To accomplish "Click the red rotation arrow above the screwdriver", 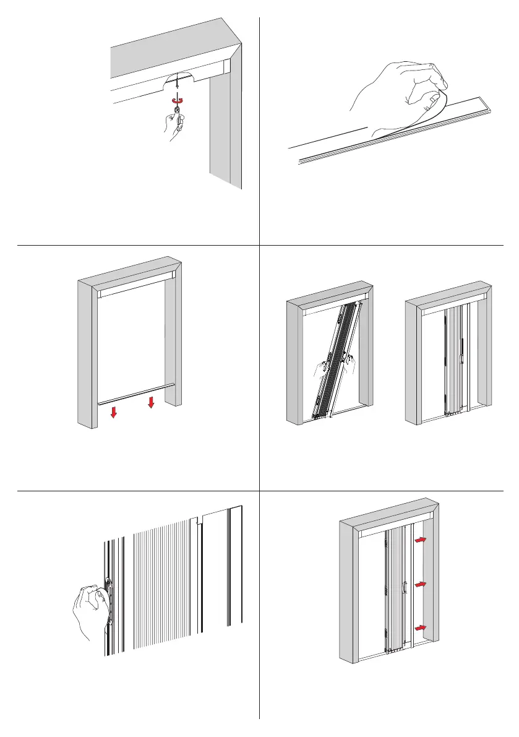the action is point(178,99).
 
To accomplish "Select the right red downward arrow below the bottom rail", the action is point(150,403).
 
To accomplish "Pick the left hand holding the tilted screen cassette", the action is point(320,370).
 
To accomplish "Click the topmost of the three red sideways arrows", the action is point(421,540).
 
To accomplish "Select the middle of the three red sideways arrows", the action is point(421,584).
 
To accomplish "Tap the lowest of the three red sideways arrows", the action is point(421,628).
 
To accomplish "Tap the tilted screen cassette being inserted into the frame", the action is point(334,359).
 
